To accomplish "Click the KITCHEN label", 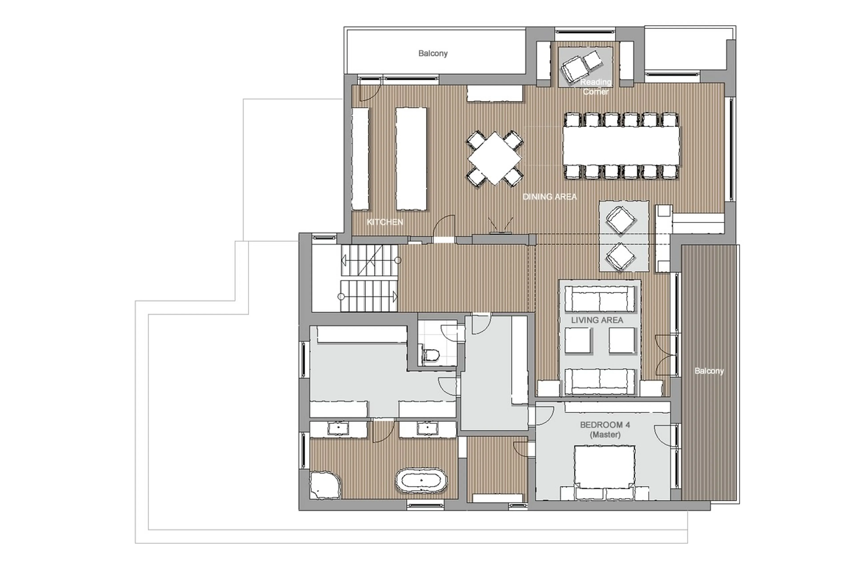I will (384, 222).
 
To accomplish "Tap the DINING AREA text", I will (549, 197).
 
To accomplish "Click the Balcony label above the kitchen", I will (433, 53).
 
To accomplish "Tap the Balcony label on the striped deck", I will (709, 371).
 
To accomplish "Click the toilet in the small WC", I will (431, 354).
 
